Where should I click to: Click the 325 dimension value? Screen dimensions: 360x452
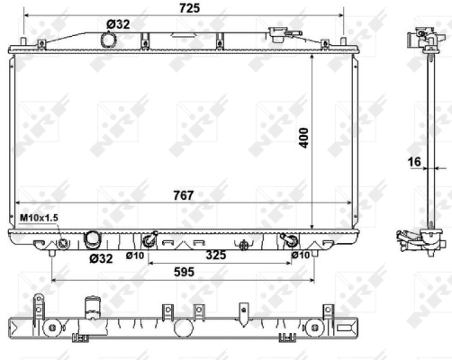(x=216, y=254)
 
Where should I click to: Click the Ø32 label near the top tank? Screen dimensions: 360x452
(x=117, y=24)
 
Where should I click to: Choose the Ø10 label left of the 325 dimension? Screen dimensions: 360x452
(x=134, y=256)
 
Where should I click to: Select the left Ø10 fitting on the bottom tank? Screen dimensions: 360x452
(x=150, y=240)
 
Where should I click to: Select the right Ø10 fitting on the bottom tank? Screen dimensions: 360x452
(x=290, y=240)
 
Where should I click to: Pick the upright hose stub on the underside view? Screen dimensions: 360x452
(x=90, y=304)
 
